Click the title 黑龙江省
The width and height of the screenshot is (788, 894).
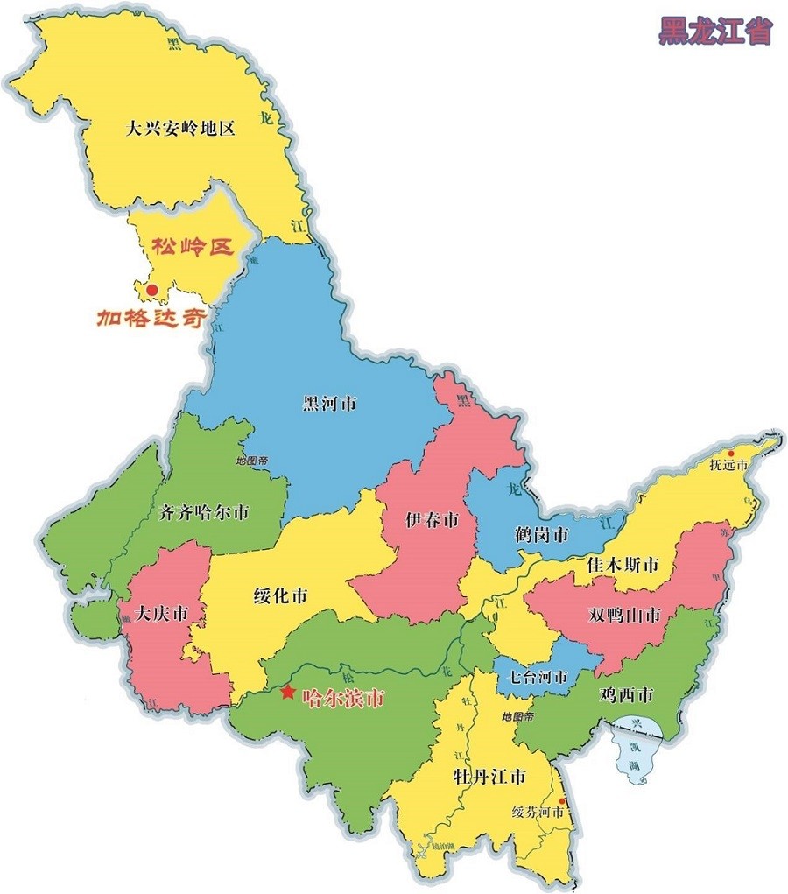715,31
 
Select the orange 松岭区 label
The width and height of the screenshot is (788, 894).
193,248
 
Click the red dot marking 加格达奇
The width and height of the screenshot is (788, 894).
151,289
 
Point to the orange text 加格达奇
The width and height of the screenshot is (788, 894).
151,317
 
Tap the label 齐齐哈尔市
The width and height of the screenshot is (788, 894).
204,513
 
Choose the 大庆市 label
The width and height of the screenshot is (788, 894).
161,615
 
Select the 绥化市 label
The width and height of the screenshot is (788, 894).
280,597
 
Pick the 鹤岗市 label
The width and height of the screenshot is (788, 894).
541,534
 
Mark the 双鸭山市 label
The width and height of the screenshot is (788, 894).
624,615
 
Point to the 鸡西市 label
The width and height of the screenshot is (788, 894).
626,696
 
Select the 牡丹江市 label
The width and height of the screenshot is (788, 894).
489,777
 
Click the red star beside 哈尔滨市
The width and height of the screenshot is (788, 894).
287,692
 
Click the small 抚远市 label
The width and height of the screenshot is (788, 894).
728,466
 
